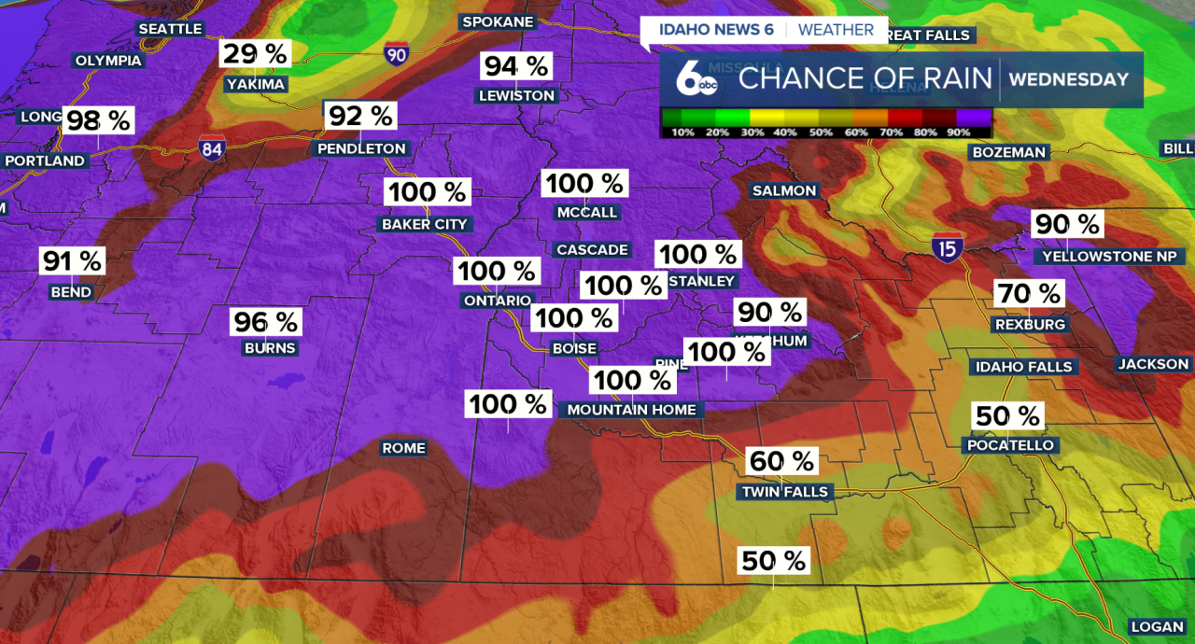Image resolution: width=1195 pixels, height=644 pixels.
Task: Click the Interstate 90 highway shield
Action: (x=396, y=53)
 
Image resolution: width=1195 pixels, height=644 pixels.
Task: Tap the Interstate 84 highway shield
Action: (x=211, y=147)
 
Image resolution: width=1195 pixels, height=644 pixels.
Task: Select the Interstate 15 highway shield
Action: (x=947, y=247)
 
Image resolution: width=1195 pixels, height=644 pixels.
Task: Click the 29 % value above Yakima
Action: (x=255, y=53)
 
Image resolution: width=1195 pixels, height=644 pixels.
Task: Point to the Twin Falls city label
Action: (x=785, y=492)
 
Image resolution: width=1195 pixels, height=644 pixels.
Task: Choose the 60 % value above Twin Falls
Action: (x=782, y=461)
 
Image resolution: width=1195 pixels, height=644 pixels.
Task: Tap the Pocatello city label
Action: (x=1010, y=445)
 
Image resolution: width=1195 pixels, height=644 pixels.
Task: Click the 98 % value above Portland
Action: (x=98, y=120)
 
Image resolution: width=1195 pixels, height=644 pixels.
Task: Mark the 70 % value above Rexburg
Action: (x=1028, y=294)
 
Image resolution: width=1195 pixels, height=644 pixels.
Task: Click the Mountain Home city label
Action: (x=631, y=410)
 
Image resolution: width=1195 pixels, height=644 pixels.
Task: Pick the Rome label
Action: (x=403, y=448)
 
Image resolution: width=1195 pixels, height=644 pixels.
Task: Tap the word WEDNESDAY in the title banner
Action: (x=1069, y=79)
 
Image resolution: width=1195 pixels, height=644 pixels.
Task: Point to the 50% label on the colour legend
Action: (x=820, y=133)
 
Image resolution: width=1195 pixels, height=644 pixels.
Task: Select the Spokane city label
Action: (x=498, y=21)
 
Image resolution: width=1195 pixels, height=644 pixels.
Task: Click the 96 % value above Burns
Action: (x=266, y=322)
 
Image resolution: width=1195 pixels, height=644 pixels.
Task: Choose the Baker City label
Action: (x=425, y=224)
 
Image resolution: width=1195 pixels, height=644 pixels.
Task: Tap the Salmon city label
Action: (x=784, y=190)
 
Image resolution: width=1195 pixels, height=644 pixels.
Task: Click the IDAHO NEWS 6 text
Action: (x=716, y=30)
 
